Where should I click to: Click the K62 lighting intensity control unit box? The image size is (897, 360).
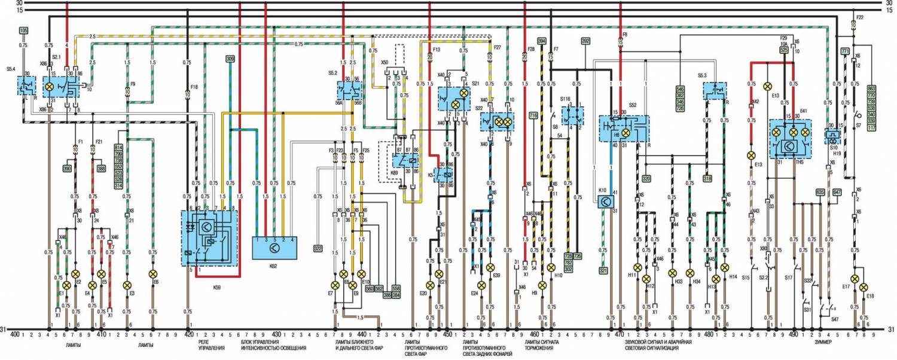tap(273, 247)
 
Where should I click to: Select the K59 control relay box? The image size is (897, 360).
tap(209, 237)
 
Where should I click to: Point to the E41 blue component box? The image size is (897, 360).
tap(790, 137)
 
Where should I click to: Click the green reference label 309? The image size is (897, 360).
tap(230, 59)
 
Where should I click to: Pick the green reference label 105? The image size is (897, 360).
tap(23, 30)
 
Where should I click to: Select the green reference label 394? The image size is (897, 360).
tap(542, 41)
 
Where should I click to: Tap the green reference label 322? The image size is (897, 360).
tap(318, 248)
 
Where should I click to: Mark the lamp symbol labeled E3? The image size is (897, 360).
tap(127, 285)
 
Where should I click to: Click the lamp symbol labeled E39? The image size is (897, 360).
tap(490, 267)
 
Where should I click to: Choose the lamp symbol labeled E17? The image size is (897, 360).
tap(855, 279)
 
